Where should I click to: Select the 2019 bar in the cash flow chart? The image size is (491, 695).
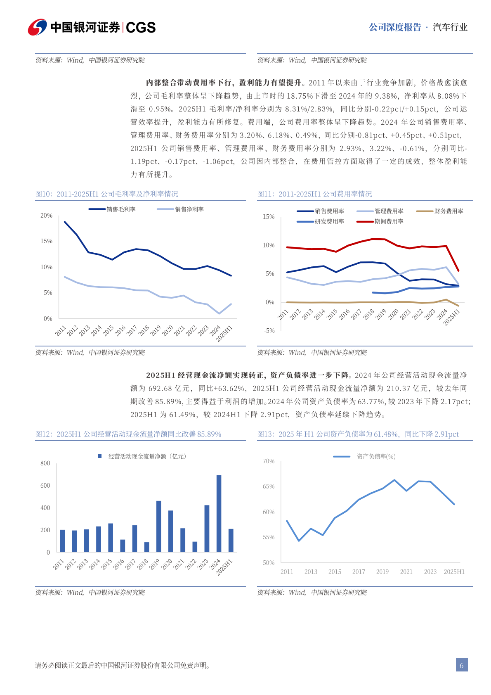pos(158,526)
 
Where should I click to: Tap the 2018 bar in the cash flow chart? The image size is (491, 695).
pos(146,547)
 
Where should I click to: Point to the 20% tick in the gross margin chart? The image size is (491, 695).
pos(46,216)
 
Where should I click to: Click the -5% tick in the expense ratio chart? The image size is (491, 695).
pos(269,331)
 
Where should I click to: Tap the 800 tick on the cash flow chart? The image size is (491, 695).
pos(45,463)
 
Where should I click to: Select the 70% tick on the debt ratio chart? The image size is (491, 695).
pos(269,461)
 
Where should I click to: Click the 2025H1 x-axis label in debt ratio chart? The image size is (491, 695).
pos(454,572)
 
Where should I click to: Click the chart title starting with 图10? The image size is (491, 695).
pos(107,194)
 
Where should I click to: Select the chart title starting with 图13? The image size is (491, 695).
pos(358,434)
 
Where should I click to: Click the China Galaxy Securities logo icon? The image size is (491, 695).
pos(37,27)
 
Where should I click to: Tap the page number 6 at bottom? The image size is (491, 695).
pos(461,665)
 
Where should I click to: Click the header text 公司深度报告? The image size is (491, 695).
pos(395,27)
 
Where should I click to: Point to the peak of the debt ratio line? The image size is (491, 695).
pos(394,480)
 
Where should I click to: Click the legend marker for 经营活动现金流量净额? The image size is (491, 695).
pos(99,456)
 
